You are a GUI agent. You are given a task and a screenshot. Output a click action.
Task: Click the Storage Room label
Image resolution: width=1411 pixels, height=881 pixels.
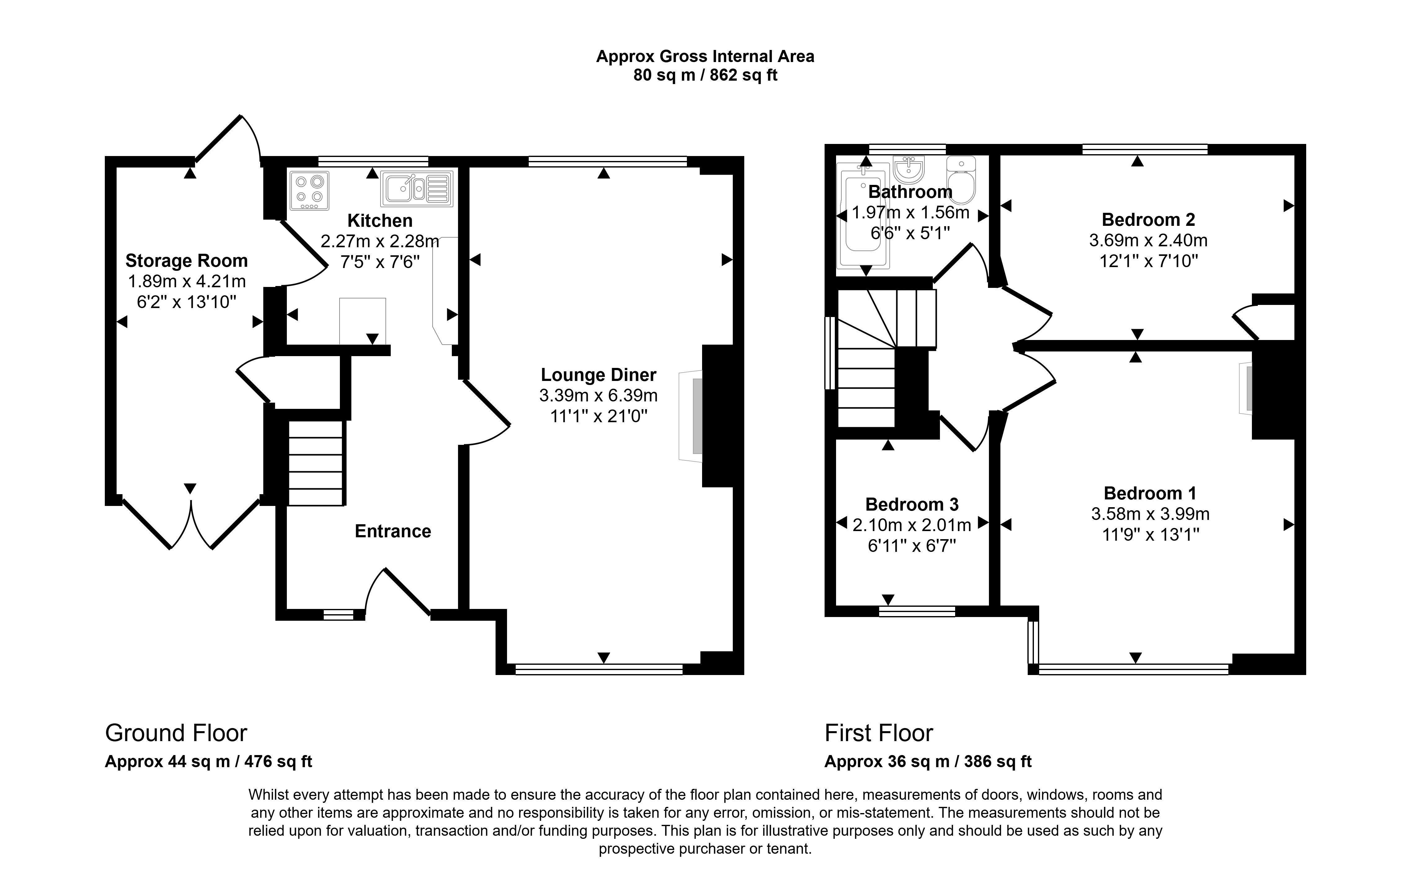pyautogui.click(x=186, y=261)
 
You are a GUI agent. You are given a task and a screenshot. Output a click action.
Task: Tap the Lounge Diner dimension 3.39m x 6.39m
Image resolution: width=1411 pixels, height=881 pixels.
pyautogui.click(x=598, y=396)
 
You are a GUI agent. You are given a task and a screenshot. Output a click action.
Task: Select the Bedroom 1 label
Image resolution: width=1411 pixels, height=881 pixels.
pyautogui.click(x=1150, y=494)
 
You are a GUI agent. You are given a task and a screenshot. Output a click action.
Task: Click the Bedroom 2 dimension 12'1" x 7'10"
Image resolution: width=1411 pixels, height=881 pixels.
pyautogui.click(x=1148, y=261)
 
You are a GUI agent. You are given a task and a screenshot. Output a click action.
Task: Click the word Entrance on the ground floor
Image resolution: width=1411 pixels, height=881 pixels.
pyautogui.click(x=393, y=531)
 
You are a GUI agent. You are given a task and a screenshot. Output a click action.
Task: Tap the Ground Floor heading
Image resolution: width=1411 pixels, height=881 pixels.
pyautogui.click(x=176, y=733)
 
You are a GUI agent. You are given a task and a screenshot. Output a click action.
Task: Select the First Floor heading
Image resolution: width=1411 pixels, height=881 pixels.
pyautogui.click(x=879, y=733)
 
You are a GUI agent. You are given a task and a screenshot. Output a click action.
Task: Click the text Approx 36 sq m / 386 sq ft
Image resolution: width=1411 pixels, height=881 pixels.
pyautogui.click(x=928, y=762)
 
